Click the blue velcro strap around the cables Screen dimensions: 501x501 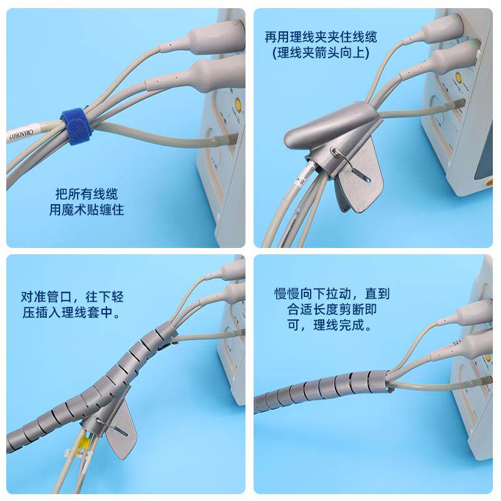coord(75,126)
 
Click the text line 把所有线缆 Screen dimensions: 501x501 coord(86,194)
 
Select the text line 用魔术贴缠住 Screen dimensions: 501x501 coord(86,210)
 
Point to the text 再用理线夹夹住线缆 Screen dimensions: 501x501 coord(321,38)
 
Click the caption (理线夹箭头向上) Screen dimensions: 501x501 coord(321,54)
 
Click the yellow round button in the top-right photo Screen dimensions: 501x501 coord(459,78)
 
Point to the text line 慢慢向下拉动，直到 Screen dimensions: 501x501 coord(332,293)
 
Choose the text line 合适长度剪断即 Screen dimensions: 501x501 coord(332,309)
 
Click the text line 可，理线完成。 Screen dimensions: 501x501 coord(332,326)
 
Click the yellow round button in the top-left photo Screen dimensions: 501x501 coord(237,106)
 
